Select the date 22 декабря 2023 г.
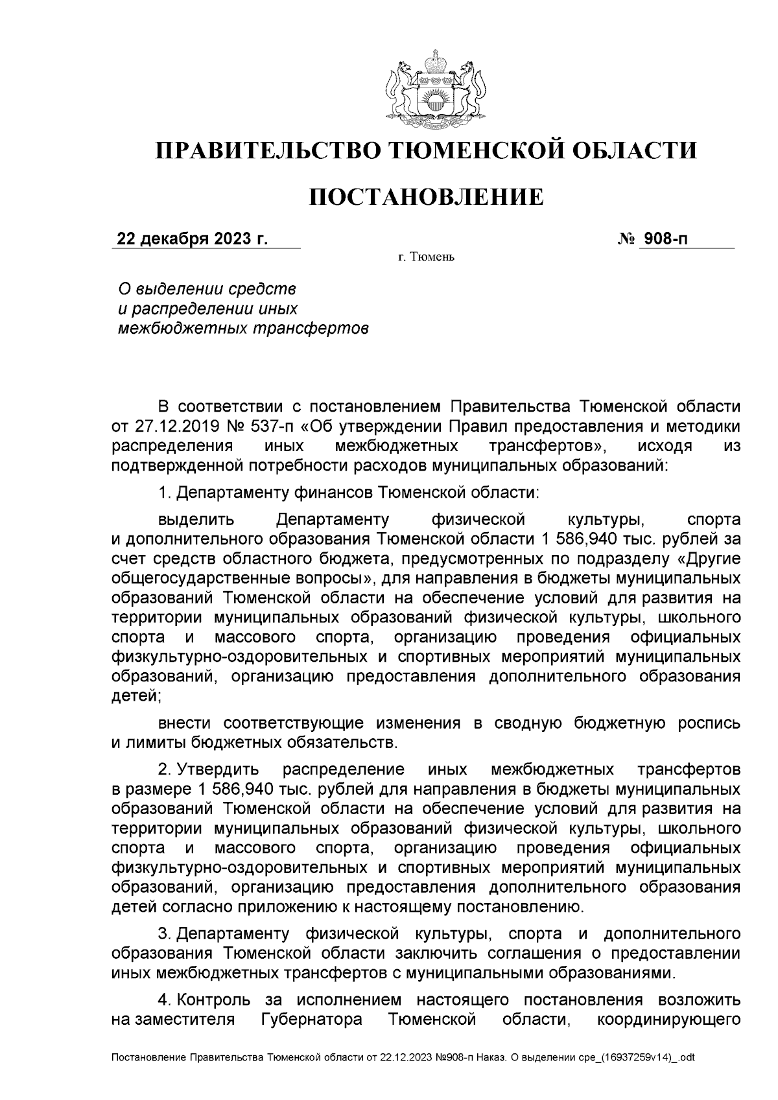tap(192, 239)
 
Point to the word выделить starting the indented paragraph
tap(196, 519)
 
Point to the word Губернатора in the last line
tap(311, 1020)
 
